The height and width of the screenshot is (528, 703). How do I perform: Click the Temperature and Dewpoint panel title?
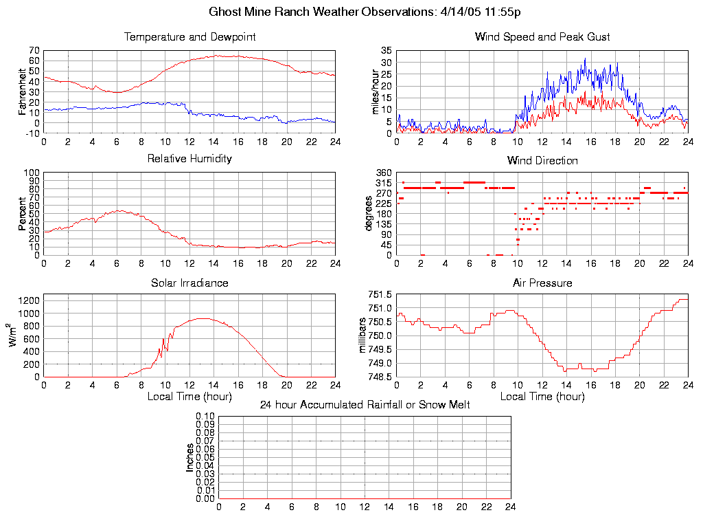click(189, 36)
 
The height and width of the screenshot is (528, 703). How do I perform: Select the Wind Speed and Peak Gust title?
click(542, 36)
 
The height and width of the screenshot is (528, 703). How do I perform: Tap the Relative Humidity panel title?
click(189, 159)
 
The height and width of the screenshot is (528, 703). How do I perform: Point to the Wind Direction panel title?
click(542, 161)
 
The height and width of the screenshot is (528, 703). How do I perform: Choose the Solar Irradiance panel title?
click(189, 283)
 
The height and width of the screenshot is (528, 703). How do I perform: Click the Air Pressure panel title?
click(542, 283)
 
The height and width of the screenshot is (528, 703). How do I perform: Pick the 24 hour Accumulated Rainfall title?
click(365, 405)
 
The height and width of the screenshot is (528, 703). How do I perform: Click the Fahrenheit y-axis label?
click(23, 91)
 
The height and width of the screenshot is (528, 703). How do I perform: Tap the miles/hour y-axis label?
click(376, 91)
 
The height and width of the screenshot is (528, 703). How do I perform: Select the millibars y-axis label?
click(364, 336)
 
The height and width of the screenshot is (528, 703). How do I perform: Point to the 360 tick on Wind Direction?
click(383, 173)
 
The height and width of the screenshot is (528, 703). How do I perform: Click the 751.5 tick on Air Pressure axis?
click(380, 294)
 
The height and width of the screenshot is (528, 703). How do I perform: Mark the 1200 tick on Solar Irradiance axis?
click(30, 300)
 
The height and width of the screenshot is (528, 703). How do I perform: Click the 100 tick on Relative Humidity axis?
click(32, 173)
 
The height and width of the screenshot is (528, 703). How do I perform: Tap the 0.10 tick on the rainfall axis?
click(206, 417)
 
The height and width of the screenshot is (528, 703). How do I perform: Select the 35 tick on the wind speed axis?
click(385, 51)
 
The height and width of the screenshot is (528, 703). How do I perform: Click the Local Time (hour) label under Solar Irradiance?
click(189, 396)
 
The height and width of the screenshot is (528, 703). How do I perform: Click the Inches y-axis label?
click(190, 457)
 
